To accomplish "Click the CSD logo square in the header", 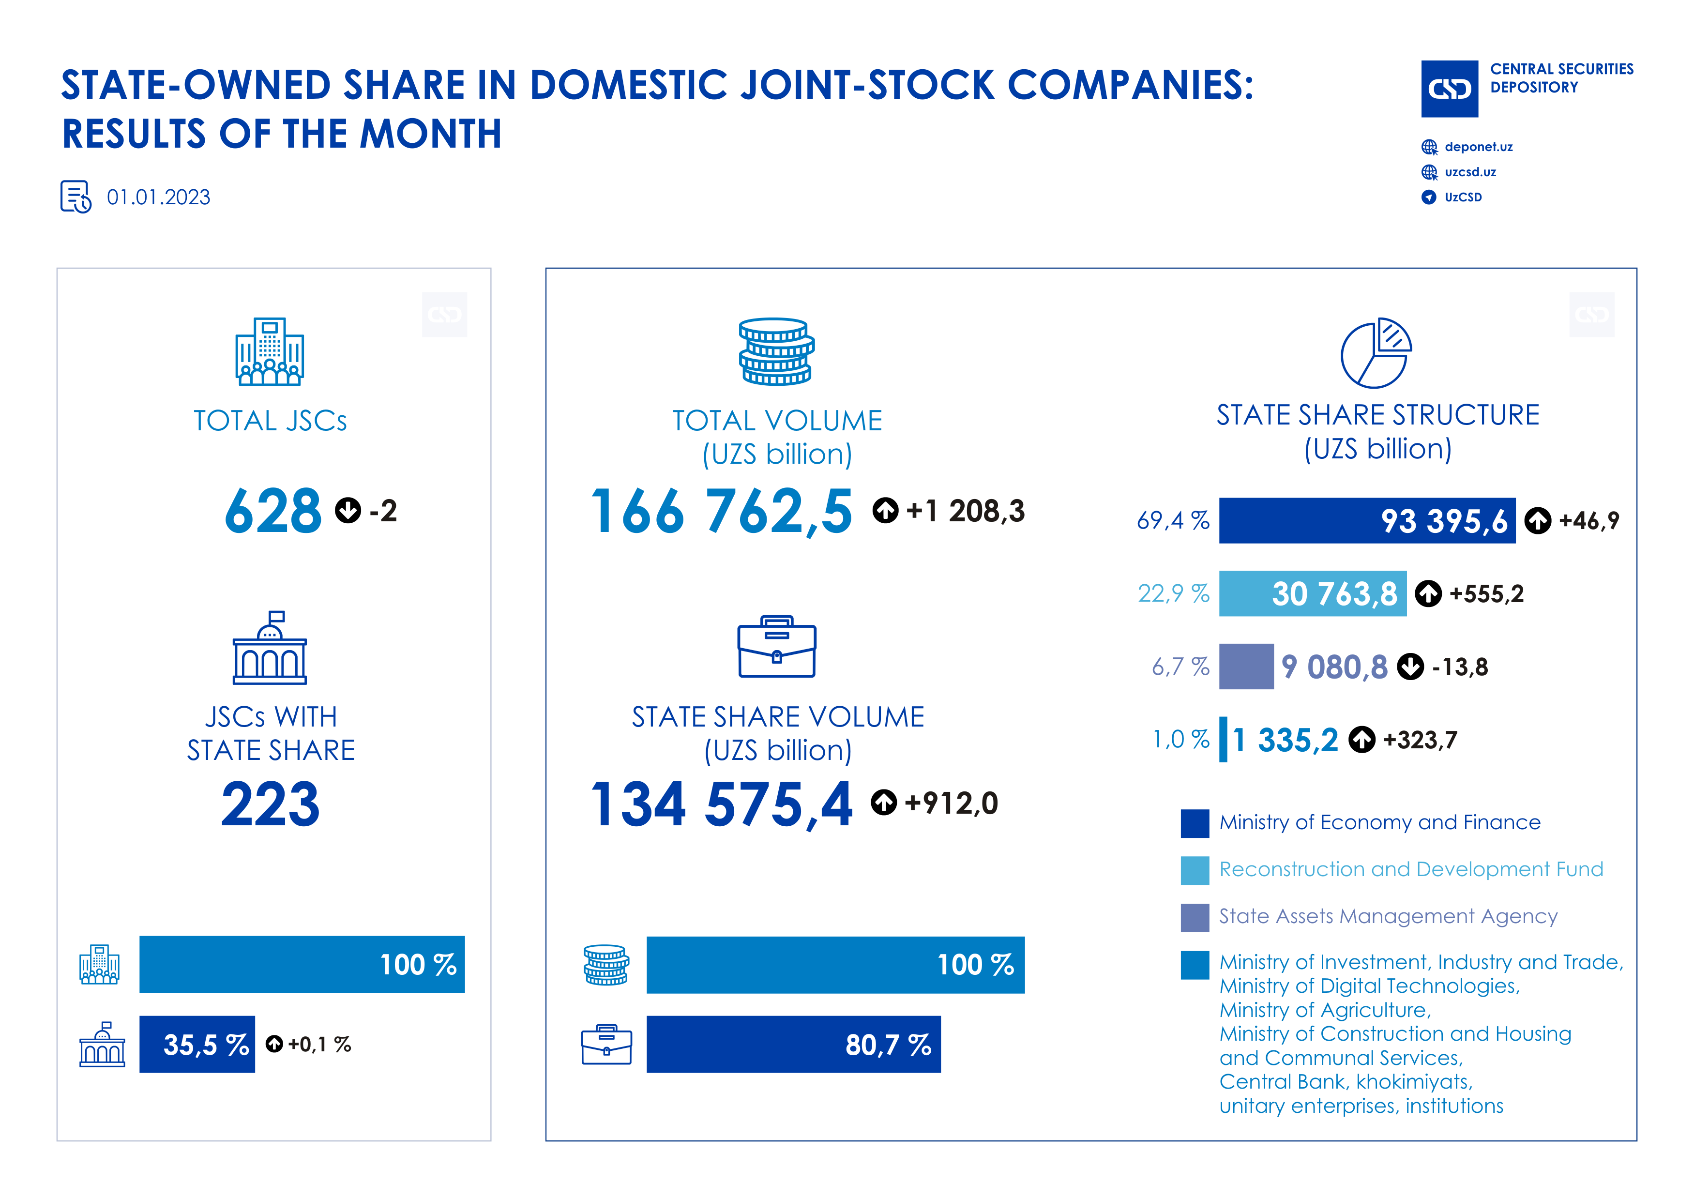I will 1449,89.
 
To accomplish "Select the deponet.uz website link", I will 1478,147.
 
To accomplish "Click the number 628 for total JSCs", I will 273,511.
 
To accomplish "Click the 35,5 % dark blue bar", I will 197,1044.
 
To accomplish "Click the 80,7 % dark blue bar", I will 793,1044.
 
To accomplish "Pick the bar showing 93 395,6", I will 1366,521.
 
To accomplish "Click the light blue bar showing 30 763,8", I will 1312,593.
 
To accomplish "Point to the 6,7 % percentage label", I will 1180,667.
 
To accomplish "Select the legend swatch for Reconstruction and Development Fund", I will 1195,870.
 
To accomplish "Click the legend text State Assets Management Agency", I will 1388,916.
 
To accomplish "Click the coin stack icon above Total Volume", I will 776,352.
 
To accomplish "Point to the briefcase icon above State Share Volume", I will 776,647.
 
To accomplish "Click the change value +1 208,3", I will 964,511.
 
